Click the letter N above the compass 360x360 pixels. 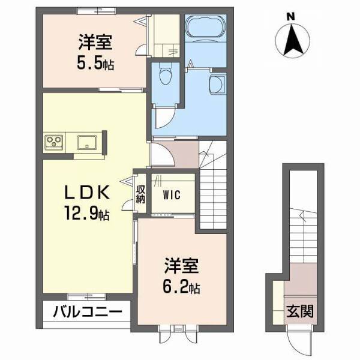(290, 17)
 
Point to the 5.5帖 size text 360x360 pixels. (95, 62)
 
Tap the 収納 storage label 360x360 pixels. (140, 194)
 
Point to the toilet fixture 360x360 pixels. (166, 76)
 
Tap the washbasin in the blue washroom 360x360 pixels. (217, 84)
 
